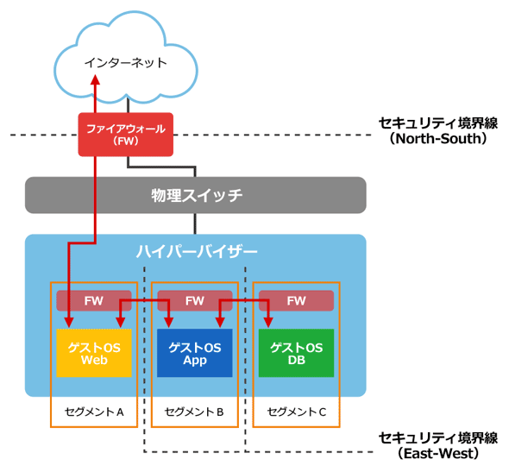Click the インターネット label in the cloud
(126, 63)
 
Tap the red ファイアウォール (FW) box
(126, 135)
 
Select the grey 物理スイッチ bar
(196, 195)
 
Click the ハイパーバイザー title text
(197, 252)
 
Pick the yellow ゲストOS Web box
(94, 353)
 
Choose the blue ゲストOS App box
(195, 353)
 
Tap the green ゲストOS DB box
(296, 353)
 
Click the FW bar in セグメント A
(94, 300)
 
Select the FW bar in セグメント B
(195, 300)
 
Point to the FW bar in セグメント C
(296, 300)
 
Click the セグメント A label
(94, 412)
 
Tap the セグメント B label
(194, 412)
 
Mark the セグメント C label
(297, 412)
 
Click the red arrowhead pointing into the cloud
(95, 79)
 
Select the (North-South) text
(438, 139)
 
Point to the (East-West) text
(438, 454)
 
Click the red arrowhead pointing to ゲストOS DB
(268, 323)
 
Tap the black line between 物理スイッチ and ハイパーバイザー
(195, 223)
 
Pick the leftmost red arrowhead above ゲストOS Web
(69, 323)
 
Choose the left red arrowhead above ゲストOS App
(168, 323)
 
